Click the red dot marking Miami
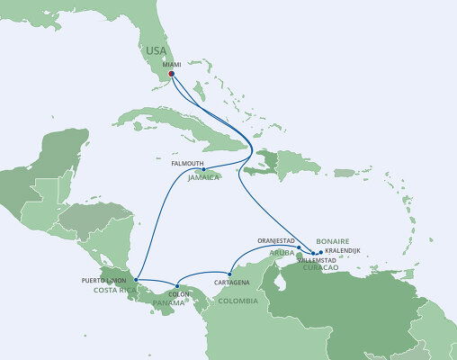(x=172, y=75)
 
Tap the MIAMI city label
(x=172, y=65)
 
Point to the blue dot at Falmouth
(x=204, y=169)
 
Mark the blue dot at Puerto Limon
(x=136, y=279)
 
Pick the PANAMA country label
(x=171, y=301)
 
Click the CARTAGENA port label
(x=231, y=283)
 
